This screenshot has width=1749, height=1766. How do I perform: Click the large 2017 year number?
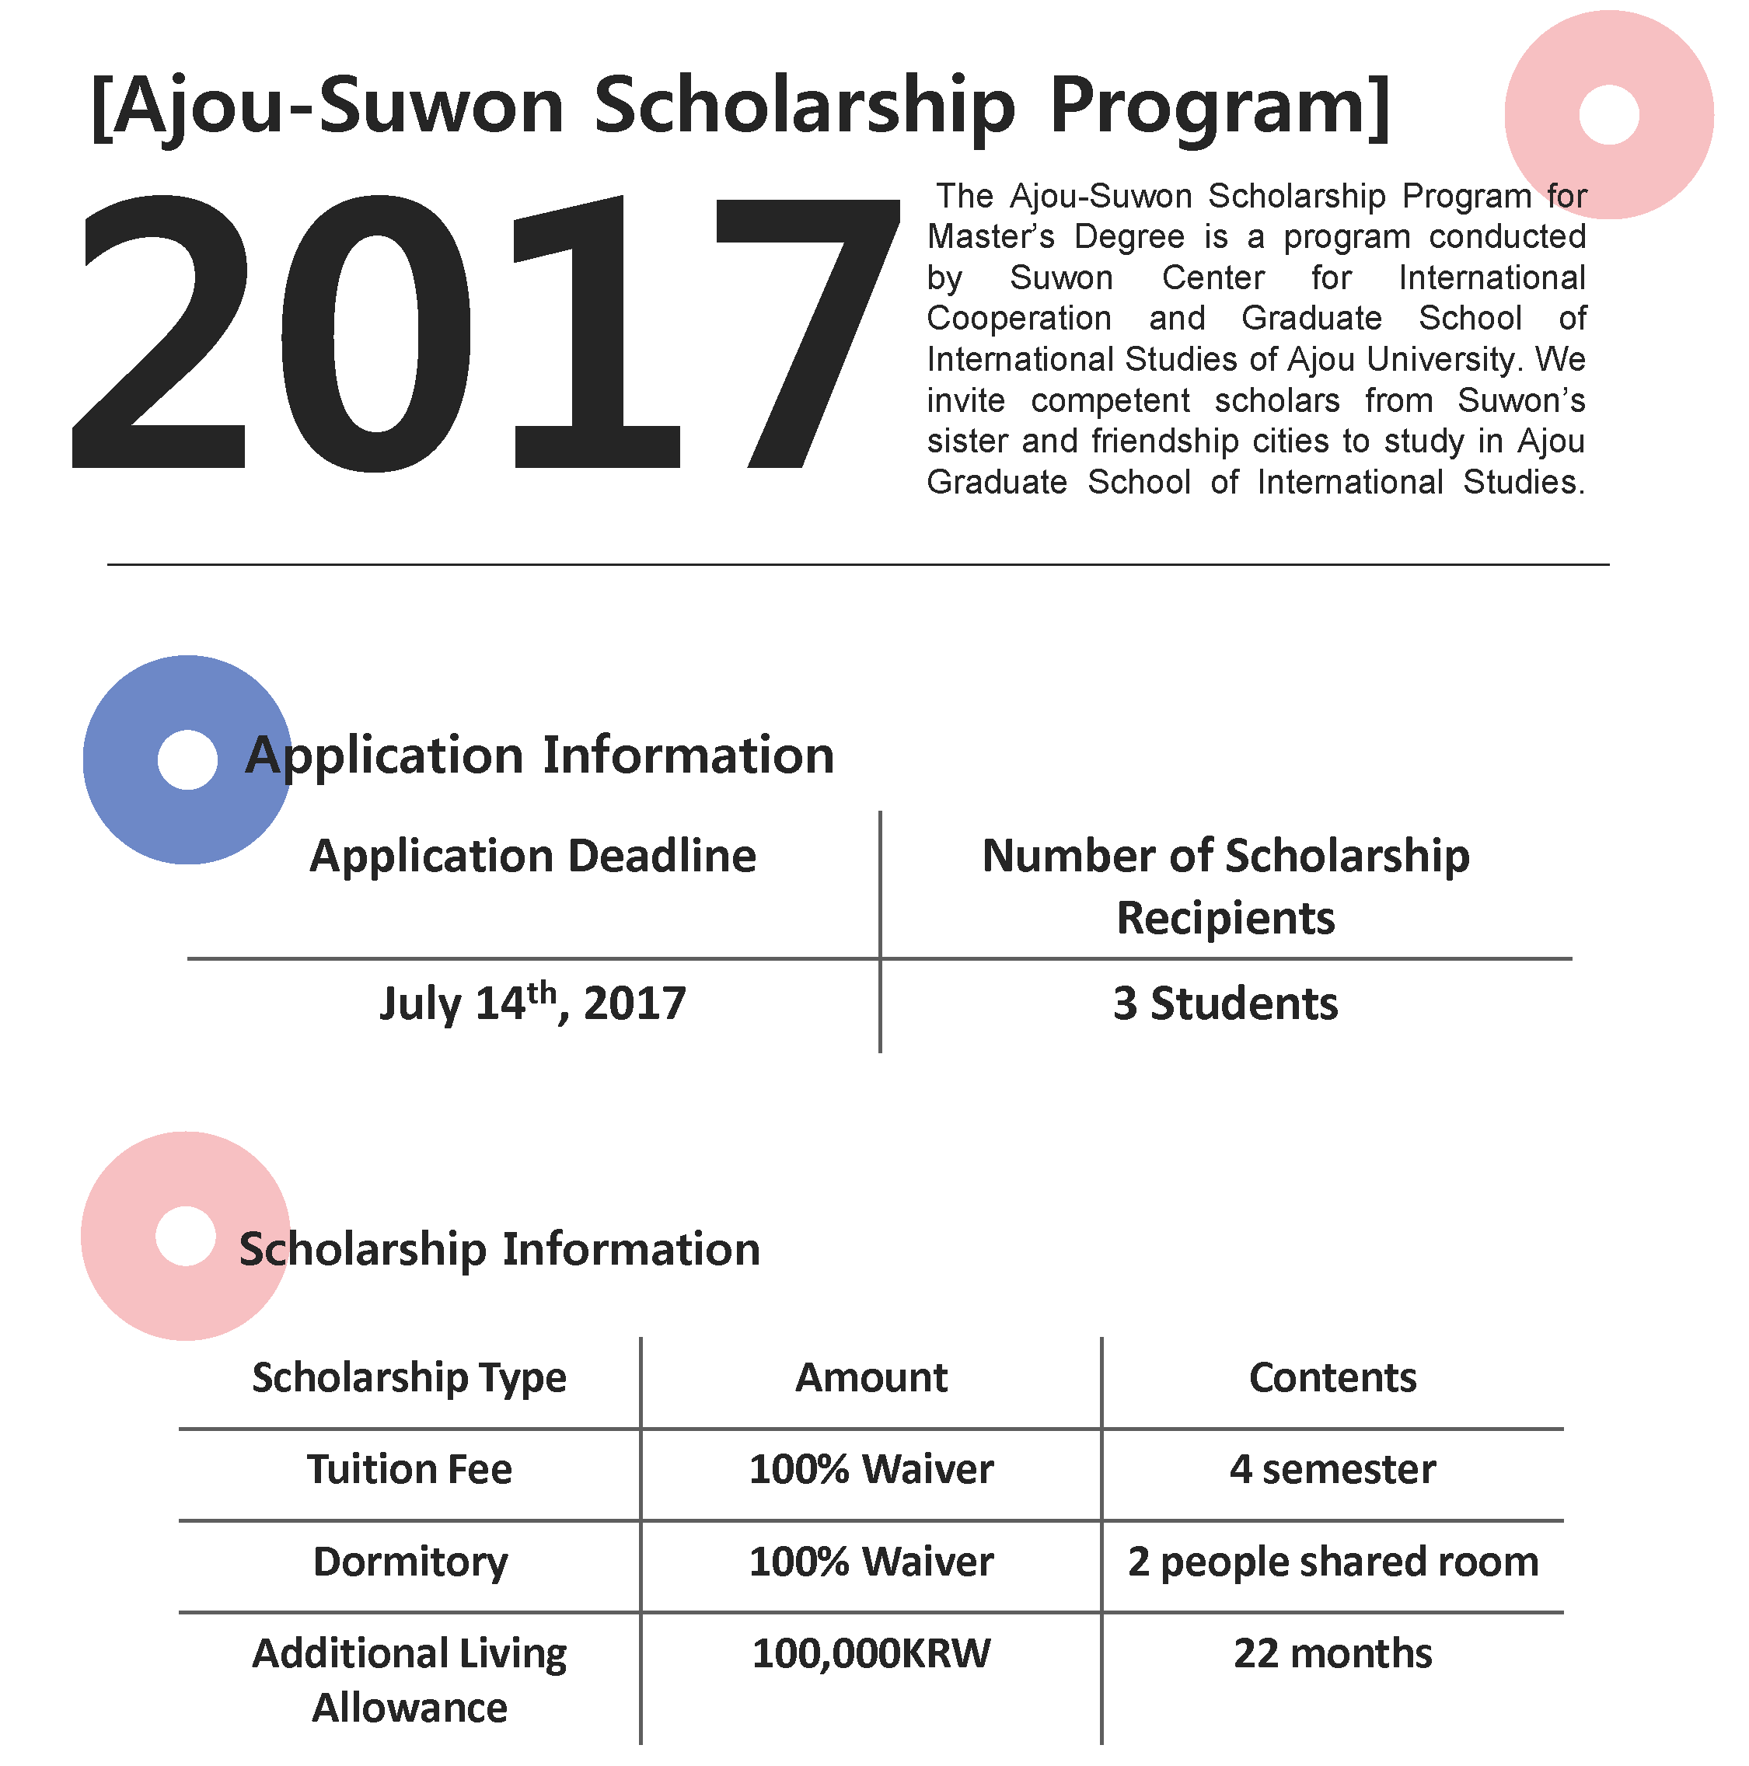coord(484,333)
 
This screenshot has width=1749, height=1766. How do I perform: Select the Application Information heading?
coord(539,756)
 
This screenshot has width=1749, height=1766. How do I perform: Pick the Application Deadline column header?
coord(533,857)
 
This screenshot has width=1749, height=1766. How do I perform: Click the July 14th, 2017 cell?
coord(533,1003)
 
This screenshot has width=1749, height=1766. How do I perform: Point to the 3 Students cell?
coord(1225,1003)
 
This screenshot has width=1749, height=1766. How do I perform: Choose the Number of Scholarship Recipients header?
coord(1225,886)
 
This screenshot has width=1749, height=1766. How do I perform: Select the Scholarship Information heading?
coord(499,1248)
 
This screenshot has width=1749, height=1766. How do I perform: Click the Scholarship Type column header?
coord(410,1377)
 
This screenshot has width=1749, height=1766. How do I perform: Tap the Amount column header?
coord(871,1377)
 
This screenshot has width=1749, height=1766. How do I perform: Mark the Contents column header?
coord(1332,1377)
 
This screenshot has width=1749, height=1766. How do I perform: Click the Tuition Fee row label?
coord(410,1470)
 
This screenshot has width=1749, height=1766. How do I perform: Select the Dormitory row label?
coord(410,1562)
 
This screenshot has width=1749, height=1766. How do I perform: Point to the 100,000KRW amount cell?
coord(871,1653)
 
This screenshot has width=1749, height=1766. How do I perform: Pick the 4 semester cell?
coord(1332,1470)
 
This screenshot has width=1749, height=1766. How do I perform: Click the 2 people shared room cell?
coord(1332,1562)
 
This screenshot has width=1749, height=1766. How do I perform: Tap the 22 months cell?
coord(1332,1653)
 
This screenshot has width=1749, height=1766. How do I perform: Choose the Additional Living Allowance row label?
coord(410,1680)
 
